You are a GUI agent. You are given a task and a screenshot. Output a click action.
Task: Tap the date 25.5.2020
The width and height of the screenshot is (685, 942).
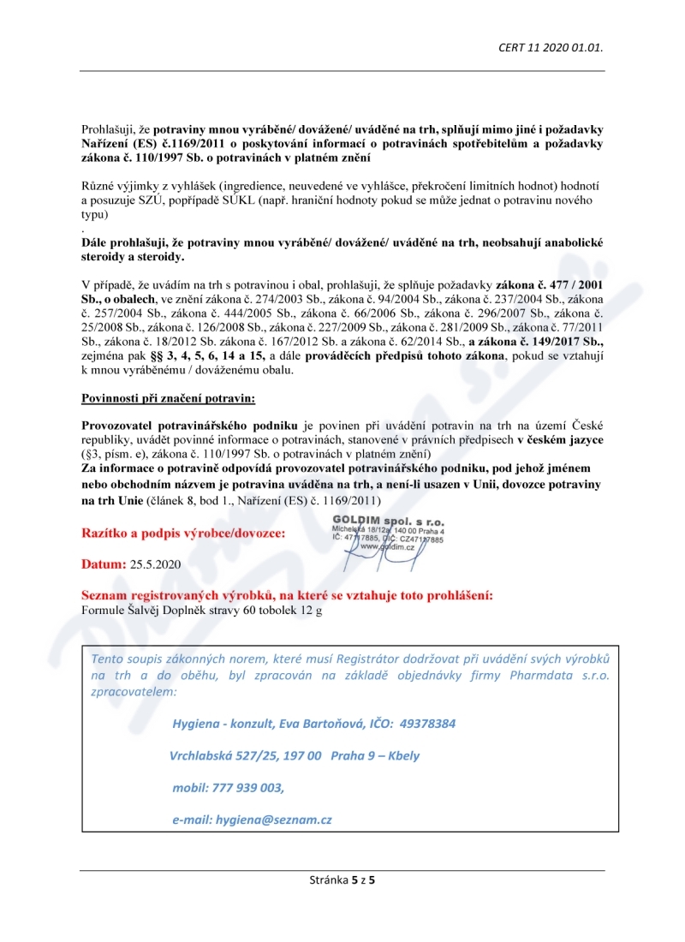click(x=156, y=564)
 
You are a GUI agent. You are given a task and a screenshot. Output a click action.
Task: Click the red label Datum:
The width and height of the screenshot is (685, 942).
click(x=103, y=564)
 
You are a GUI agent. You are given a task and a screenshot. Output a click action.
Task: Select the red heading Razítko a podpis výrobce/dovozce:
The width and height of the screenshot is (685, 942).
click(x=184, y=533)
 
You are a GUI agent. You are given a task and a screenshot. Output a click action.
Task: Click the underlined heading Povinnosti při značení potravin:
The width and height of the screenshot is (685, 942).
click(x=168, y=399)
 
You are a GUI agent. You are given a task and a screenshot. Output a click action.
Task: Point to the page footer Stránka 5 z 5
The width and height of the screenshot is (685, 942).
click(x=342, y=879)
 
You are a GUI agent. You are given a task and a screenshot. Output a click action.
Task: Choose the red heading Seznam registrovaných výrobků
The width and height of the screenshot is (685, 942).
click(x=286, y=595)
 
